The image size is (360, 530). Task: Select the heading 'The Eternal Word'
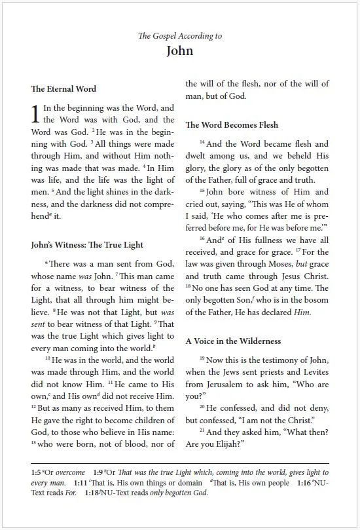click(x=63, y=88)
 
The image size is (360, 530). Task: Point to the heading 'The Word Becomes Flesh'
click(x=232, y=124)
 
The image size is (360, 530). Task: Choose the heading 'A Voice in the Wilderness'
click(x=234, y=341)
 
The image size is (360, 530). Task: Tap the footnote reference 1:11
click(x=82, y=482)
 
